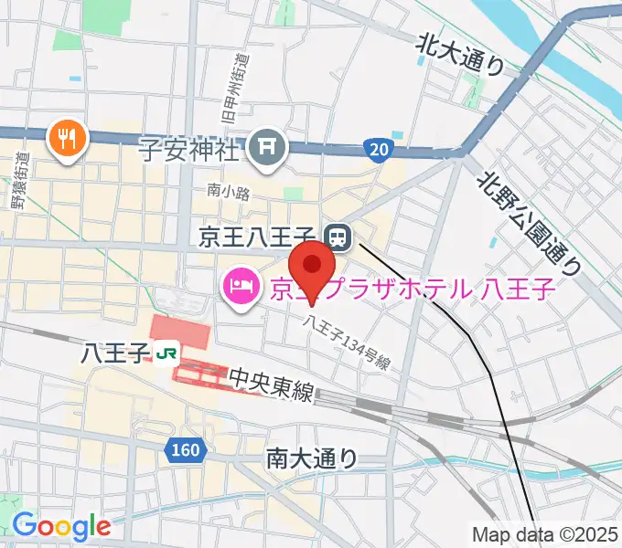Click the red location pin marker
point(314,267)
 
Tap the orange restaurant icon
point(68,137)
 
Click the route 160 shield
point(185,449)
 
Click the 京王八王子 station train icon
point(338,238)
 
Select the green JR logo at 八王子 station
point(166,352)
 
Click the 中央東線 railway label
point(271,383)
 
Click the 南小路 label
point(223,192)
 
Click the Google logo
point(61,526)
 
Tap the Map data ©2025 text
point(544,533)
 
